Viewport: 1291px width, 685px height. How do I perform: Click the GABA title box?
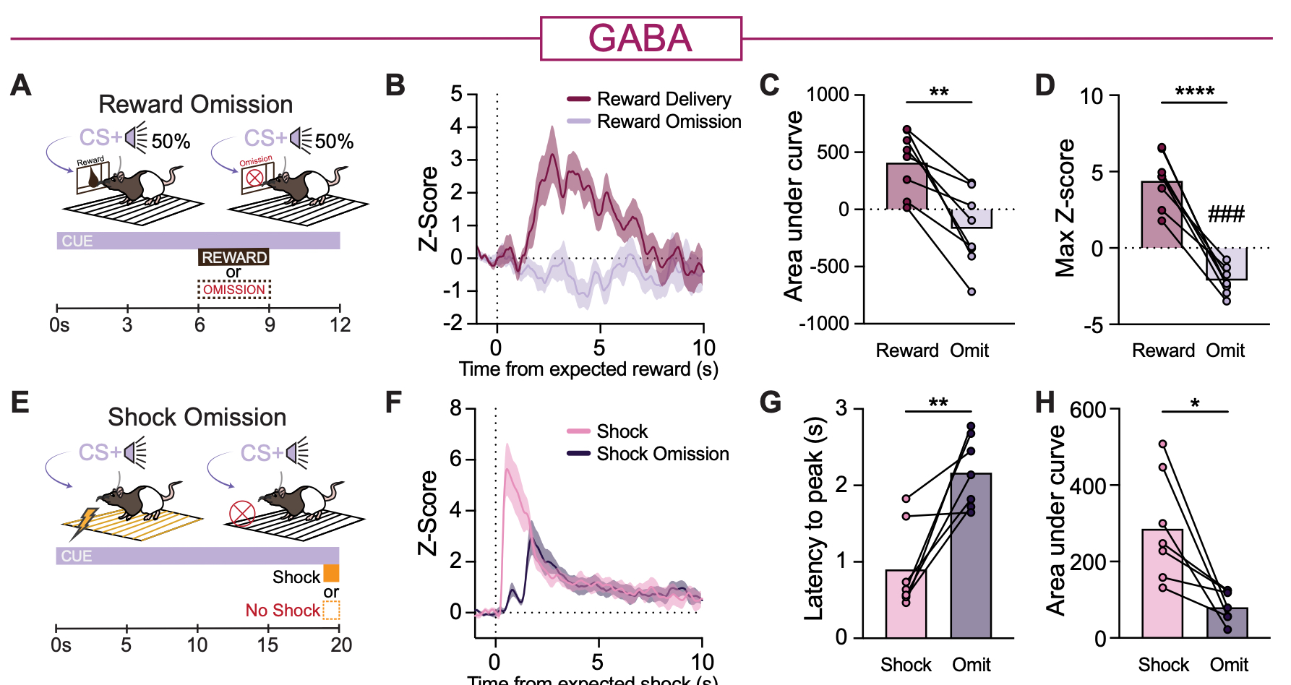click(x=640, y=38)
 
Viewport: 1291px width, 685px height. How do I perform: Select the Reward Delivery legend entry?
click(x=663, y=99)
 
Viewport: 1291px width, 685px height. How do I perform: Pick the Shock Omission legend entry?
click(x=662, y=454)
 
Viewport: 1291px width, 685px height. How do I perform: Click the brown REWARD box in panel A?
click(x=233, y=257)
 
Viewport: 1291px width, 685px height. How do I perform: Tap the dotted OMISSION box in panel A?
click(x=234, y=290)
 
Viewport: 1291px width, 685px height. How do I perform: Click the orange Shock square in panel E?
click(x=331, y=574)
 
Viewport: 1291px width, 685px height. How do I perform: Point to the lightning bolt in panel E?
click(x=85, y=522)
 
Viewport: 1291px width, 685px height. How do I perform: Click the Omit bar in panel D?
click(x=1227, y=264)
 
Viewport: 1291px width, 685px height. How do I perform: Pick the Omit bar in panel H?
click(x=1227, y=623)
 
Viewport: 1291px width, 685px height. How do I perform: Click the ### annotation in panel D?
click(x=1226, y=214)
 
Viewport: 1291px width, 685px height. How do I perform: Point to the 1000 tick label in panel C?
click(x=828, y=95)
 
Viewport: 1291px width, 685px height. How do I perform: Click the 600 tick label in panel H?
click(x=1088, y=410)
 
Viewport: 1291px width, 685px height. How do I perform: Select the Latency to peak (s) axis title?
click(x=815, y=518)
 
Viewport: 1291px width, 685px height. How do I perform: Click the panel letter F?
click(x=393, y=402)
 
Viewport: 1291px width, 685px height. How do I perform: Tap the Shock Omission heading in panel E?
click(x=197, y=417)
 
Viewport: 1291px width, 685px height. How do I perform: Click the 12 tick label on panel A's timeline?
click(x=340, y=325)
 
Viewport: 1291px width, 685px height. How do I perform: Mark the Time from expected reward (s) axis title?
click(x=588, y=369)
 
